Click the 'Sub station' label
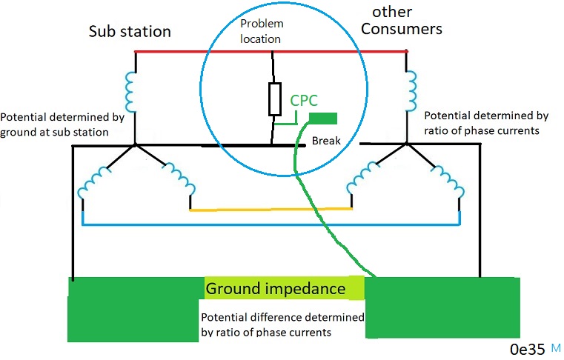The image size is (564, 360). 130,32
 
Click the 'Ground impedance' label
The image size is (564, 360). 276,288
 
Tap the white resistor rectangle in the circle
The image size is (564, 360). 274,99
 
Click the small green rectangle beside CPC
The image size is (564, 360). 323,119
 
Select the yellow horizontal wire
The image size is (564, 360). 271,210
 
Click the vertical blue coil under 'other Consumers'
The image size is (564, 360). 408,89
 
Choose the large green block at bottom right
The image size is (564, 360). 441,307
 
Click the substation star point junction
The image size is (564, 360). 136,145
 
